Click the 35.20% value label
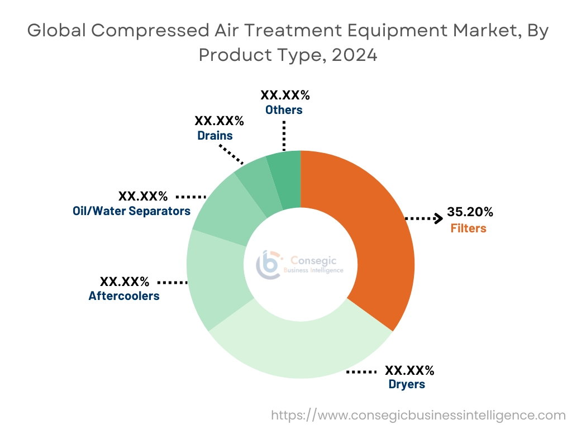[470, 212]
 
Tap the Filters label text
[468, 228]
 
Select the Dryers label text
[407, 384]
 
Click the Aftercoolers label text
[124, 296]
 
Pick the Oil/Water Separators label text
[132, 211]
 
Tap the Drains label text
[215, 135]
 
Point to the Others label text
[284, 110]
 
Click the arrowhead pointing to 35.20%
[437, 218]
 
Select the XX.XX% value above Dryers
[410, 370]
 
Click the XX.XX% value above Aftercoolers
[124, 281]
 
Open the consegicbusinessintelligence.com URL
[418, 415]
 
